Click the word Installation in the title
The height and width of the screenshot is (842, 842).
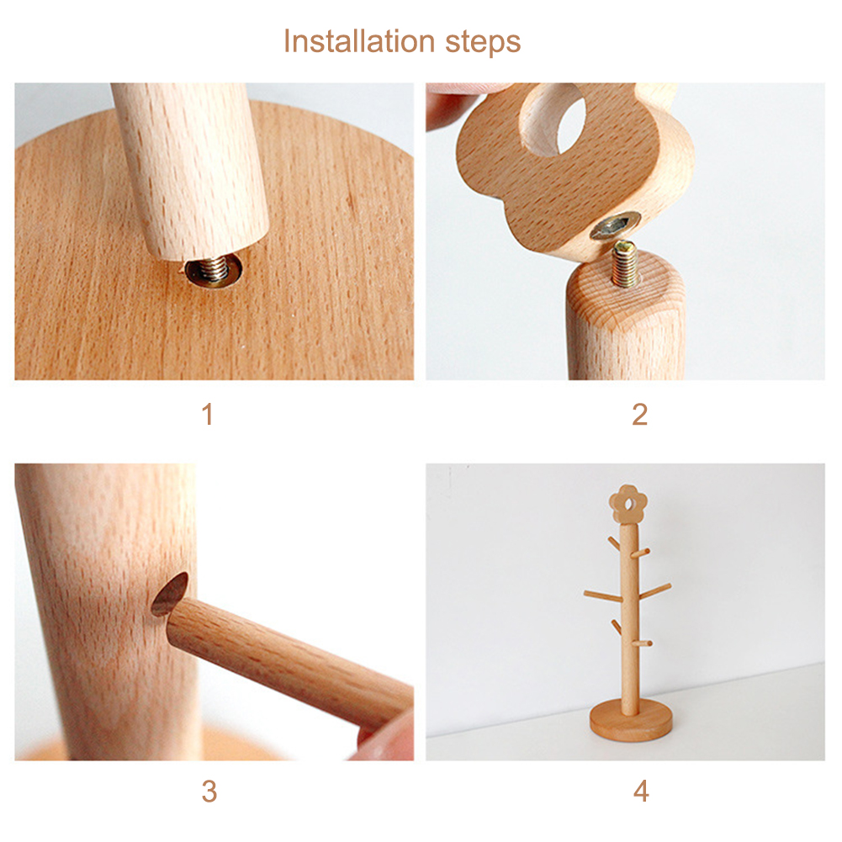(x=358, y=41)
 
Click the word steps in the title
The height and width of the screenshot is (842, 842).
(x=483, y=44)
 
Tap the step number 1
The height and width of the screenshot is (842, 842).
(x=208, y=415)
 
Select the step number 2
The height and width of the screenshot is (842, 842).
(x=639, y=415)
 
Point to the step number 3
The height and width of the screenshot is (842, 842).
(x=209, y=791)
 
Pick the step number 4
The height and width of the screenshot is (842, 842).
(x=641, y=791)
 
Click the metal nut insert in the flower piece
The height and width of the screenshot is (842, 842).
(x=616, y=225)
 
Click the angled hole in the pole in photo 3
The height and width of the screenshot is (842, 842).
(x=170, y=594)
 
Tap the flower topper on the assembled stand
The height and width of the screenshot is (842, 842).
(x=628, y=504)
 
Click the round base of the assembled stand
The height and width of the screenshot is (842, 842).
(x=631, y=721)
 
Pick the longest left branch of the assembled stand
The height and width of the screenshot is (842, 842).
(x=604, y=596)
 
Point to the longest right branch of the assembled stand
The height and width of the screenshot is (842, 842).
(x=654, y=590)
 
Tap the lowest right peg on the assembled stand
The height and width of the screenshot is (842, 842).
(x=643, y=643)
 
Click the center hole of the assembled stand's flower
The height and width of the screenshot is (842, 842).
(x=628, y=504)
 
